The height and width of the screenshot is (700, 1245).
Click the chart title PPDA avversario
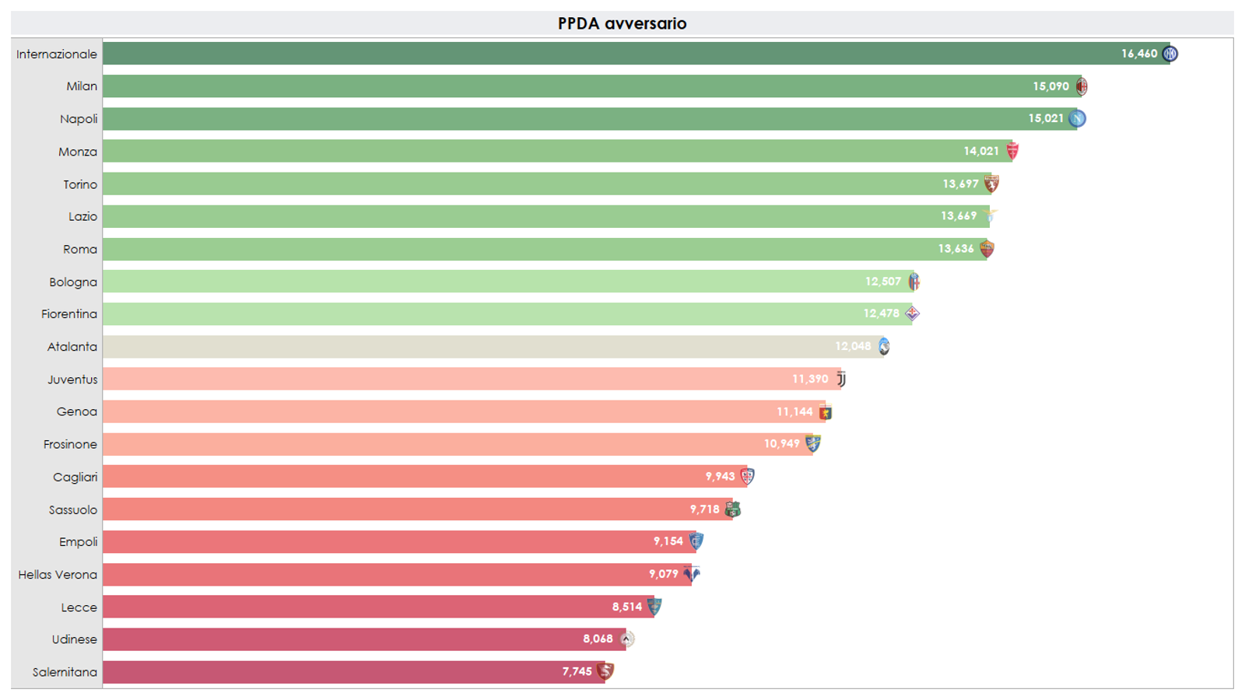click(x=622, y=23)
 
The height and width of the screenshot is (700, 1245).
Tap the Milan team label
click(x=82, y=86)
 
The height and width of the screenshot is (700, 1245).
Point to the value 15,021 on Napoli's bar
click(x=1045, y=118)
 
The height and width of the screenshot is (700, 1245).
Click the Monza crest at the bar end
click(x=1012, y=151)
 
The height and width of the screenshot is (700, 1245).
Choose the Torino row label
click(x=80, y=184)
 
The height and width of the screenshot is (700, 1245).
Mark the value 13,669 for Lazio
click(x=958, y=216)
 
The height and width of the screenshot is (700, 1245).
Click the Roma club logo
click(x=987, y=249)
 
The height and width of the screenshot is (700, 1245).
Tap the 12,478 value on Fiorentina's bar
click(x=881, y=313)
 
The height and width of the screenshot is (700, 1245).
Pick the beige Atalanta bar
click(x=467, y=346)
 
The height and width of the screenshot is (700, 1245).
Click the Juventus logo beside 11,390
click(x=841, y=379)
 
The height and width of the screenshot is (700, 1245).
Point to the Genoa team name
click(x=76, y=411)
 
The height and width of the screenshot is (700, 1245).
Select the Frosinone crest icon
click(x=813, y=444)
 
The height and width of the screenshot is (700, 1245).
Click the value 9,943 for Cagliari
click(x=720, y=477)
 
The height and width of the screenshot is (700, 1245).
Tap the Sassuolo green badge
click(x=732, y=509)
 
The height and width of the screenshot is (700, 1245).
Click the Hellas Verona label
click(x=58, y=575)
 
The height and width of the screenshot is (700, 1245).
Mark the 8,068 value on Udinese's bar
click(x=598, y=639)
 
